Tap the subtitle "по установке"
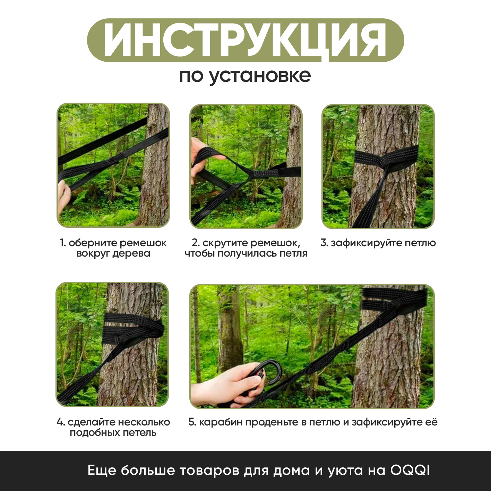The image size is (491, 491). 245,76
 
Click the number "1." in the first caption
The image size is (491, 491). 63,243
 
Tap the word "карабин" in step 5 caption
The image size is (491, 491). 217,422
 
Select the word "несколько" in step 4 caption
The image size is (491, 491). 144,422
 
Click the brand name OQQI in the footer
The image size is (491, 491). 410,471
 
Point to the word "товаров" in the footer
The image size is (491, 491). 206,471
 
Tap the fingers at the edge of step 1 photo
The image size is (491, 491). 62,194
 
